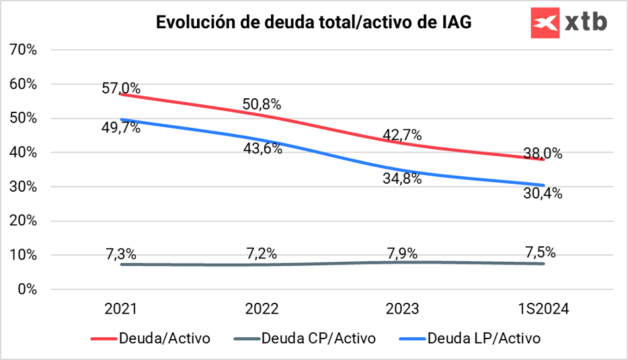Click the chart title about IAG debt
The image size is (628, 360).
[314, 22]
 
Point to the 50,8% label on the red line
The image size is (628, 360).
[262, 105]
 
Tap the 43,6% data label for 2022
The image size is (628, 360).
[262, 148]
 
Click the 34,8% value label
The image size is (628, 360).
[403, 178]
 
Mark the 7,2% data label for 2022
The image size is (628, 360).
[262, 254]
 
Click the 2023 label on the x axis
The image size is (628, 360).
[402, 310]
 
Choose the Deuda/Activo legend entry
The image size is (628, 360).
[151, 338]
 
